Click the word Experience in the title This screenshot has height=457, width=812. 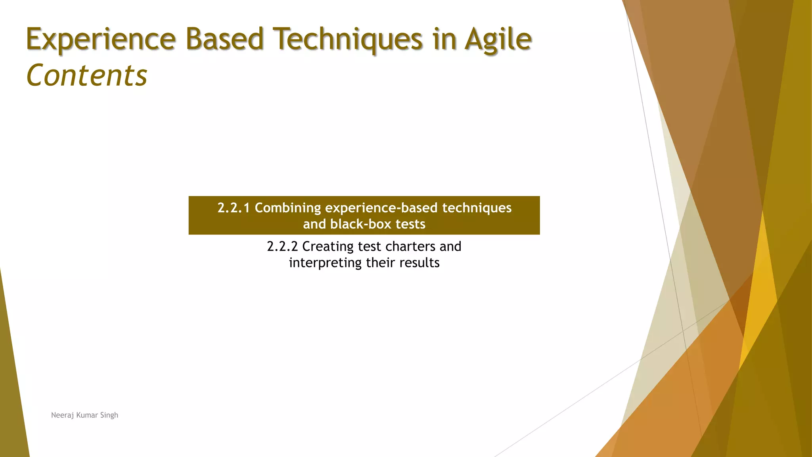coord(101,40)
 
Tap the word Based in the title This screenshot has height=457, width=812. coord(224,40)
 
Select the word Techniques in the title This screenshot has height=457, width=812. coord(350,40)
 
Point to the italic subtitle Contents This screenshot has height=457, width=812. coord(87,75)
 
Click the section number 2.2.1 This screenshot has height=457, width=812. coord(234,208)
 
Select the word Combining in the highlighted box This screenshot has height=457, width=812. coord(288,208)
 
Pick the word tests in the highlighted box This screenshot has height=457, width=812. coord(410,224)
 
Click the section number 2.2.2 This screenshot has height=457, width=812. coord(282,246)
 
